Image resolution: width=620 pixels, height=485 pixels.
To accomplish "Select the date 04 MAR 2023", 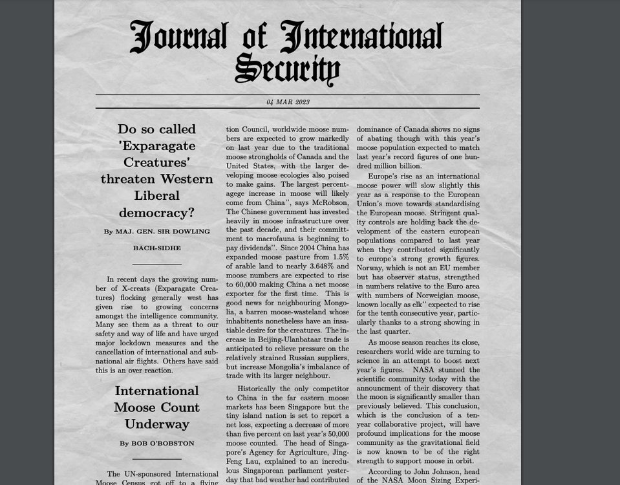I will pos(288,102).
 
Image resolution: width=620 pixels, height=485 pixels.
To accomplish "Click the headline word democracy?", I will pos(156,213).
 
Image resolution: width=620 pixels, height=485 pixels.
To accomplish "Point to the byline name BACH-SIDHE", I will pos(156,248).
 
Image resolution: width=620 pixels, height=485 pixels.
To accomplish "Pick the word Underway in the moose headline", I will pos(156,424).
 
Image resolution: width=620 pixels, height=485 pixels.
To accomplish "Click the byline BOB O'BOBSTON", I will pos(156,444).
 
